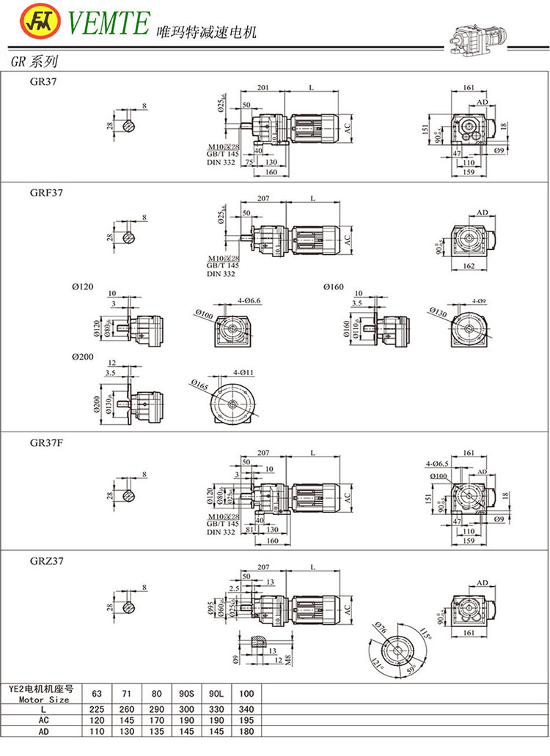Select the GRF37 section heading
coord(45,193)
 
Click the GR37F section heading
coord(45,443)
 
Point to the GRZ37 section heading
coord(45,561)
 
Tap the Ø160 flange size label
coord(334,286)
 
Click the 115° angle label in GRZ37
coord(428,631)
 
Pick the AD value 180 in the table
coord(246,730)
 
